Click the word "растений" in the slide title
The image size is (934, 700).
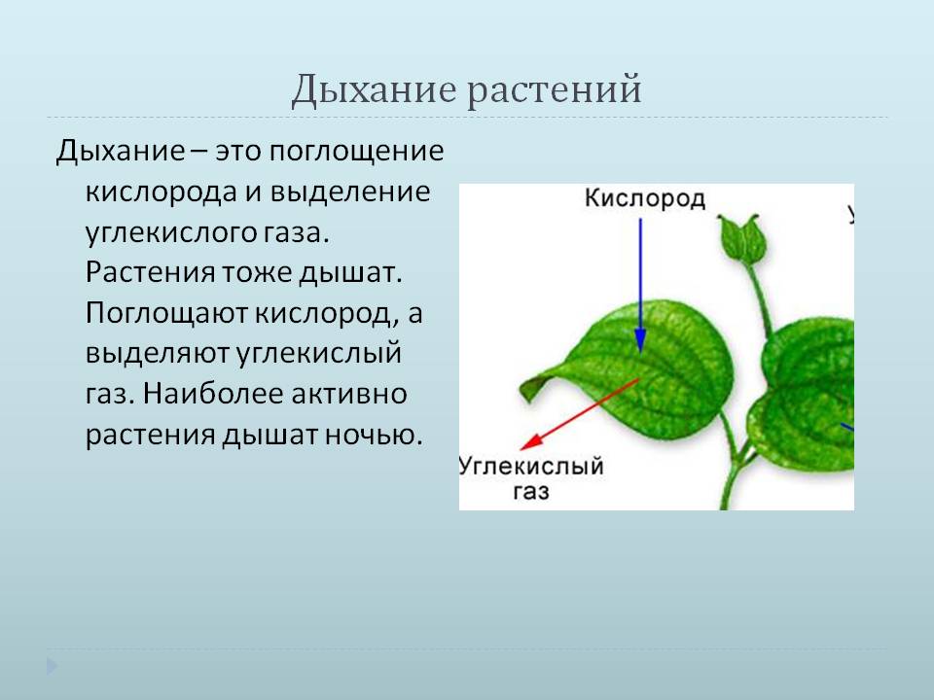coord(554,91)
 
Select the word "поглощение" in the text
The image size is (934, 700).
coord(356,153)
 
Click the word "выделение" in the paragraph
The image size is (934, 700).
coord(350,192)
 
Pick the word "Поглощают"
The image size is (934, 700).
coord(166,314)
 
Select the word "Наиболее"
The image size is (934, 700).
coord(213,394)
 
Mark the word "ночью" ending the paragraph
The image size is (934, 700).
coord(374,435)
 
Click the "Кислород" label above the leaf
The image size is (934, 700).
coord(644,198)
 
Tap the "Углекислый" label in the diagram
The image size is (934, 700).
coord(532,467)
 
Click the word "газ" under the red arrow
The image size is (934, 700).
coord(531,492)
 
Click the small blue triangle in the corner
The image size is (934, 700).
coord(52,666)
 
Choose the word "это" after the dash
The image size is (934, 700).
coord(238,152)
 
